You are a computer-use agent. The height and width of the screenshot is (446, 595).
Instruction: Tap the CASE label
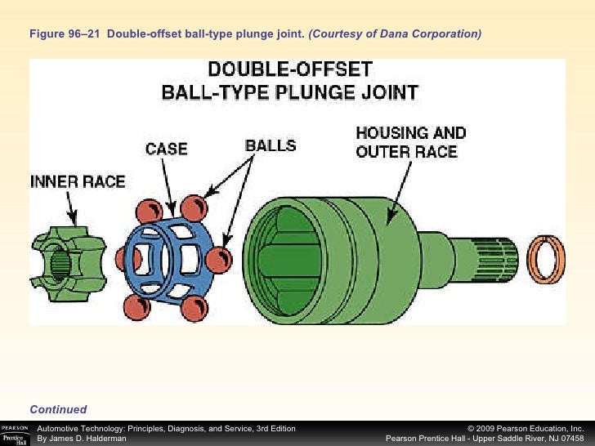point(166,149)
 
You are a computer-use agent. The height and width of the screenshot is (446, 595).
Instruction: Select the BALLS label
point(271,146)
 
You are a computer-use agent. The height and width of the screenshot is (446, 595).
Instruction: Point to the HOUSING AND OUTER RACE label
point(411,141)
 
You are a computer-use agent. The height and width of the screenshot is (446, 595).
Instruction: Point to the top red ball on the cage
point(192,206)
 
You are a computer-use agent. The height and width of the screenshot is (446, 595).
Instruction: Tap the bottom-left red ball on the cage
point(136,308)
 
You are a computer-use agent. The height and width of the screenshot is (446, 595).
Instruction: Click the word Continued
point(58,409)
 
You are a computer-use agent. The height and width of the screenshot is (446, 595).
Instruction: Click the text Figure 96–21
point(69,34)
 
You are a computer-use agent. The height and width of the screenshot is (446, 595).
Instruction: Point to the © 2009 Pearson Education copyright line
point(526,428)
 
